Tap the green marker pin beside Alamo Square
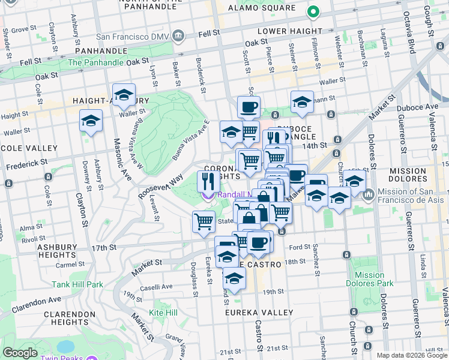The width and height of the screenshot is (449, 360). click(312, 11)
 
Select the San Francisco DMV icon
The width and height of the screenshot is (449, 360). click(178, 36)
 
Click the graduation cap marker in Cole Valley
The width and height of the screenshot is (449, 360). click(91, 121)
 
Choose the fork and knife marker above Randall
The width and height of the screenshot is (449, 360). click(208, 181)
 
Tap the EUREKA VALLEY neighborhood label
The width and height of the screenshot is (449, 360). click(259, 313)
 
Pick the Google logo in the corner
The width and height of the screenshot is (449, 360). click(20, 353)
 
